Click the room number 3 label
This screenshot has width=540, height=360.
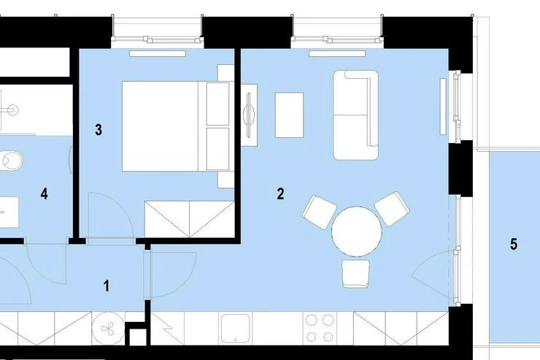pos(99,130)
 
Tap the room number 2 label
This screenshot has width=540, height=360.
pos(281,194)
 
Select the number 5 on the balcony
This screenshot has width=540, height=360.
pos(514,244)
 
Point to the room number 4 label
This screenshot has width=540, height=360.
pos(44,194)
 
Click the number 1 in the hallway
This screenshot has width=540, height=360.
pos(107,286)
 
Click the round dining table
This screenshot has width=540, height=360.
pos(356,231)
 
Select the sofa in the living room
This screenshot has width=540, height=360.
pos(356,115)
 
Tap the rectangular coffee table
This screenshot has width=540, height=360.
pos(289,115)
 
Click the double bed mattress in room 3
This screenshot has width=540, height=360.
pos(160,126)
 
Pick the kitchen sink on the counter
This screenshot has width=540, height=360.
pos(235,329)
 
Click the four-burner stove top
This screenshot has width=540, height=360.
pos(320,329)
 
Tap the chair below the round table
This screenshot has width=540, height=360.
pos(356,274)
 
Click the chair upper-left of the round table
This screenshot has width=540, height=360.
pos(320,212)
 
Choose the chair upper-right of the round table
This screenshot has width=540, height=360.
pos(392,209)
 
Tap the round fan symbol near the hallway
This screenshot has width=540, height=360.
pos(108,329)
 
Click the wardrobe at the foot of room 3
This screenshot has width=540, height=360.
pos(189,220)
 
